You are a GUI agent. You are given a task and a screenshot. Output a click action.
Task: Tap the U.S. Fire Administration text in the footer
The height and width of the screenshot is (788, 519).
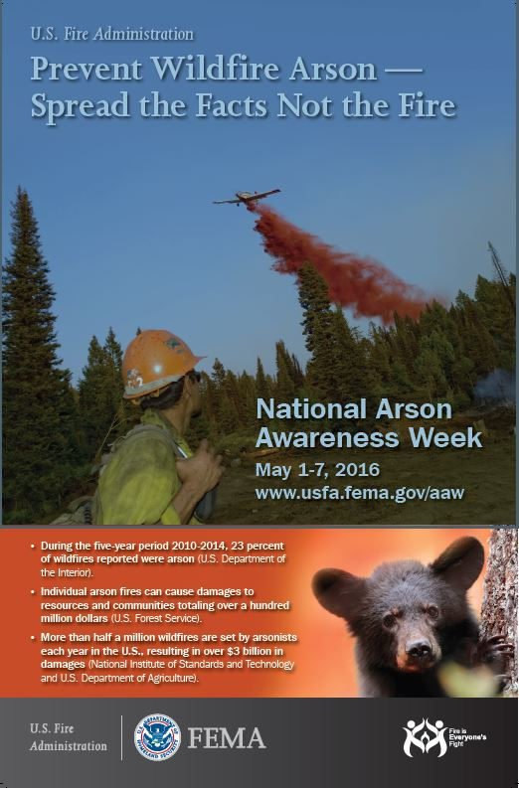coord(68,738)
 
